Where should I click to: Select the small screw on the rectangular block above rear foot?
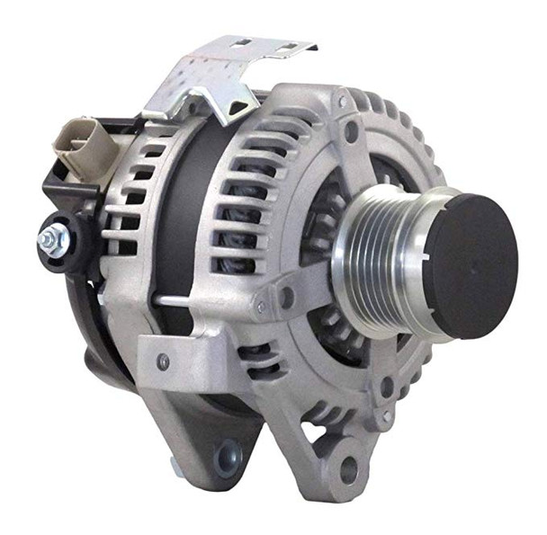tap(163, 361)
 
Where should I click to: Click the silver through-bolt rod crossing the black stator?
tap(216, 298)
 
